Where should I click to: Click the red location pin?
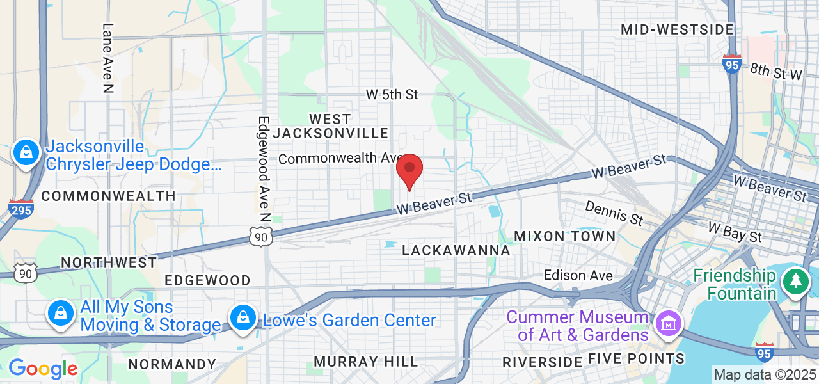pos(409,170)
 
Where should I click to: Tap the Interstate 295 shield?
pos(21,209)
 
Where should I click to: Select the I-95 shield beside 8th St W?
pos(732,64)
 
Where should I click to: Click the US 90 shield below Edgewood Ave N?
pos(261,237)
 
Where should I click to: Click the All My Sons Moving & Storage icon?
pos(60,314)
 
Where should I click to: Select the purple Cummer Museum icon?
pos(667,324)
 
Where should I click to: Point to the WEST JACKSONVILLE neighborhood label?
pos(330,126)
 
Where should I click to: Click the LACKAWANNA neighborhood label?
pos(456,250)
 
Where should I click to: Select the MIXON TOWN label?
pos(565,236)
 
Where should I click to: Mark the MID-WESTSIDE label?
pos(677,29)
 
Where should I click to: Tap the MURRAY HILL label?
pos(365,362)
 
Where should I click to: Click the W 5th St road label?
pos(392,95)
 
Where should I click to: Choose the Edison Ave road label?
pos(578,276)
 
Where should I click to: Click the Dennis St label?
pos(614,212)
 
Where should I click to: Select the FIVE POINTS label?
pos(635,358)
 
